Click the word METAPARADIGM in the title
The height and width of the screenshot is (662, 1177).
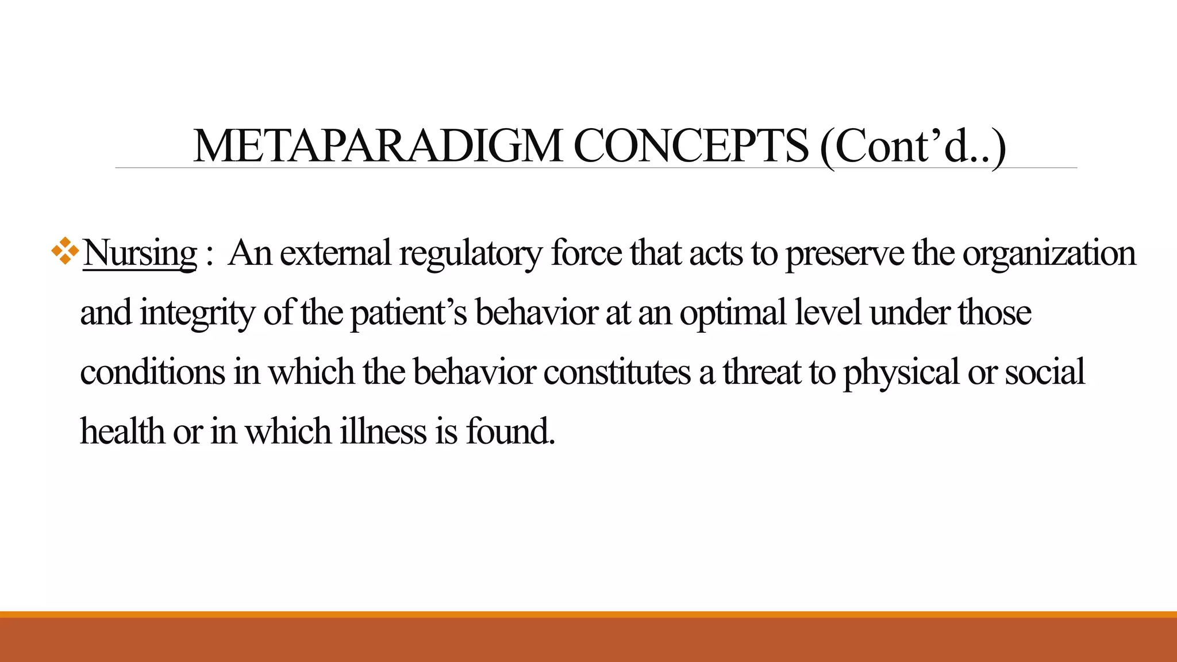point(378,147)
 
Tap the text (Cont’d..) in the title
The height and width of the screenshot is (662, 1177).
point(913,147)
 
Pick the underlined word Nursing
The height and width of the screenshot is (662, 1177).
point(140,253)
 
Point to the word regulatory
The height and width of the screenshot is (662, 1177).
point(470,253)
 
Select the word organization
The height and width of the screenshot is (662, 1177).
point(1049,253)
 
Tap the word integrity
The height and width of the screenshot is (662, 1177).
point(197,313)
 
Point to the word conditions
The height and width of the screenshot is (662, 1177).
point(152,372)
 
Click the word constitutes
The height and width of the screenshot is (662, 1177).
point(617,372)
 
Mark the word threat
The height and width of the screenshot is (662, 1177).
point(762,372)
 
